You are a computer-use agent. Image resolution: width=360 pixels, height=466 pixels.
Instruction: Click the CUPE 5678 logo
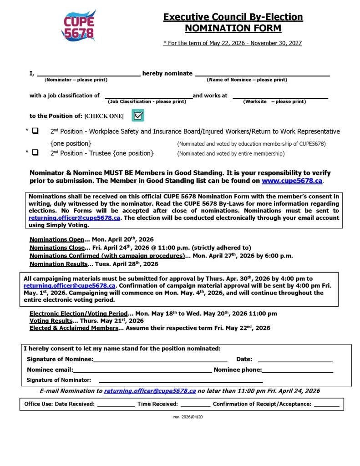pyautogui.click(x=78, y=26)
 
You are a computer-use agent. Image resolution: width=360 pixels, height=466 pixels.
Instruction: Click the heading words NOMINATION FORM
pyautogui.click(x=233, y=28)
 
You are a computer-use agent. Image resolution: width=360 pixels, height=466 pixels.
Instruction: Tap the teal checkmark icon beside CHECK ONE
pyautogui.click(x=138, y=115)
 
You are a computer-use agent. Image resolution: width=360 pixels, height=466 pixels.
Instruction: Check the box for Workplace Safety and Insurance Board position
pyautogui.click(x=35, y=131)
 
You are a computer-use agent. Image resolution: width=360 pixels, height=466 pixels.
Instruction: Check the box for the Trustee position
pyautogui.click(x=35, y=153)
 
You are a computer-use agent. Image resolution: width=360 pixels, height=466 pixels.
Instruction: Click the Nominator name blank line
pyautogui.click(x=88, y=74)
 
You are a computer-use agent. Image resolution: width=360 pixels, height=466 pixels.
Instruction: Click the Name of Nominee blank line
pyautogui.click(x=262, y=74)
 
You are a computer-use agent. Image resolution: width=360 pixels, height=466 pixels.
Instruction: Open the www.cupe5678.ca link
pyautogui.click(x=292, y=181)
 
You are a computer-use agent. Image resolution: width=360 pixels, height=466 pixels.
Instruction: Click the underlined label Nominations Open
pyautogui.click(x=57, y=239)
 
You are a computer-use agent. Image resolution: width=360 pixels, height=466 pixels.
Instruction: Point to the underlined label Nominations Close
pyautogui.click(x=57, y=248)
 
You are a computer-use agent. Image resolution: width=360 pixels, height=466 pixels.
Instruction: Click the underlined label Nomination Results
pyautogui.click(x=58, y=264)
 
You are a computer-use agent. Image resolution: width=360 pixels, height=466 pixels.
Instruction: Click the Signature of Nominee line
pyautogui.click(x=160, y=360)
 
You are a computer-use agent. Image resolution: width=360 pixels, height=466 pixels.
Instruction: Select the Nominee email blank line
pyautogui.click(x=142, y=370)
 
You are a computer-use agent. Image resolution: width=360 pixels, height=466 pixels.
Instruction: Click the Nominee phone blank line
pyautogui.click(x=298, y=370)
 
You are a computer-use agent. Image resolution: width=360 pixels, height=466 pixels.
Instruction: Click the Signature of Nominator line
pyautogui.click(x=181, y=380)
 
